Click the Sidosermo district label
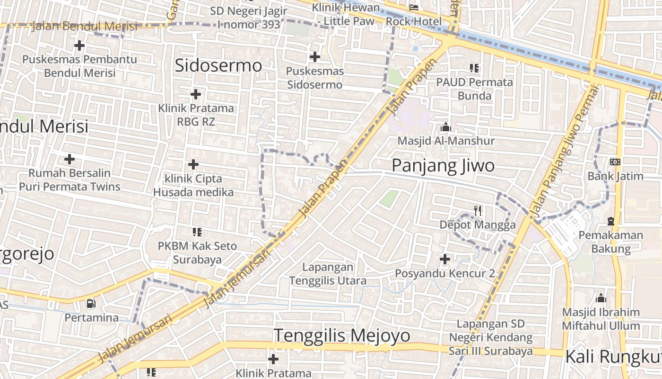(218, 65)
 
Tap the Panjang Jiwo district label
(443, 165)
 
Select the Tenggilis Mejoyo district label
(342, 335)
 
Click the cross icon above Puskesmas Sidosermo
(314, 57)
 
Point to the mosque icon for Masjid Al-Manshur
(445, 127)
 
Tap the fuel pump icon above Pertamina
(91, 303)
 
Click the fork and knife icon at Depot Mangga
(478, 211)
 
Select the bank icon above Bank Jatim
(615, 162)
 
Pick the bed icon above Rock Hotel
(414, 8)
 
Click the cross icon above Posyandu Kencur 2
(444, 259)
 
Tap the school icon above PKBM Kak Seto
(197, 232)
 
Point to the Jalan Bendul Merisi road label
(85, 26)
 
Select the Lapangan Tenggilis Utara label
(328, 274)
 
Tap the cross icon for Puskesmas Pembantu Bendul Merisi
(79, 45)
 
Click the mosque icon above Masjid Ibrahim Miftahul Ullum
(601, 298)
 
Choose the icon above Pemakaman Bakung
(610, 221)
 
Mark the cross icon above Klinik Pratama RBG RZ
(196, 94)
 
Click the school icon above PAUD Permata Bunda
(474, 68)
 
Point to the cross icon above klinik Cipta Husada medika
(193, 165)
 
